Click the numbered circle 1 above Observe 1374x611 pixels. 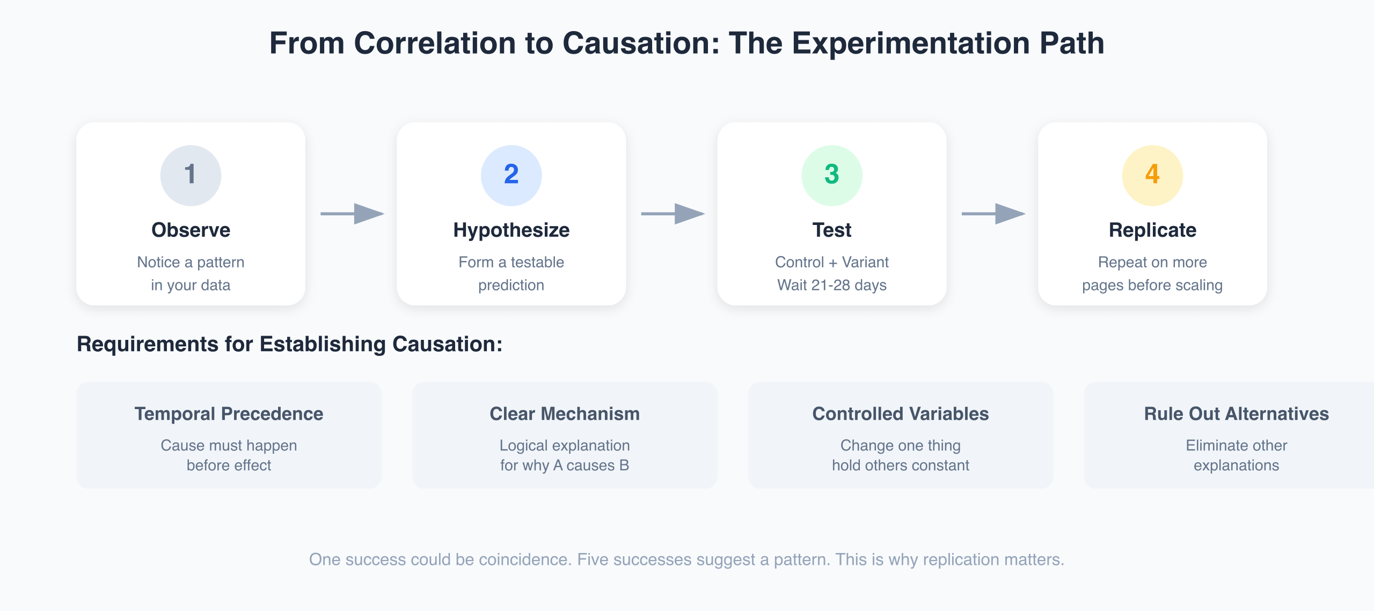tap(191, 175)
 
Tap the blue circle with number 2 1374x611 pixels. tap(511, 175)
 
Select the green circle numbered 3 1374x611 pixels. tap(831, 175)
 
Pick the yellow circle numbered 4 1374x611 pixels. tap(1152, 175)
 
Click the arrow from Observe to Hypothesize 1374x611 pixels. tap(352, 214)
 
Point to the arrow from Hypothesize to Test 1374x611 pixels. tap(673, 214)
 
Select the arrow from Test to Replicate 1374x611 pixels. tap(993, 214)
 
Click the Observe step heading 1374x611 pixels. tap(191, 230)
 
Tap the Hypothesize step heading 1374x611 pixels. tap(511, 230)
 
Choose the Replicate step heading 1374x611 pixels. tap(1152, 230)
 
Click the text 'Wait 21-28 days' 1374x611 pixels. tap(831, 285)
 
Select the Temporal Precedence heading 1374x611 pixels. tap(229, 414)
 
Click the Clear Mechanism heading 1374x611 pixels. tap(565, 414)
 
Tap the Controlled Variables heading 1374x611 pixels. tap(900, 414)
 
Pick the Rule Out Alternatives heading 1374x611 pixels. tap(1236, 414)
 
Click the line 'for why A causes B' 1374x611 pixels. tap(565, 465)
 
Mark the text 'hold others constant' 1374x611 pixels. tap(900, 465)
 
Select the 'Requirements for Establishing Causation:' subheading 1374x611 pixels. tap(289, 344)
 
